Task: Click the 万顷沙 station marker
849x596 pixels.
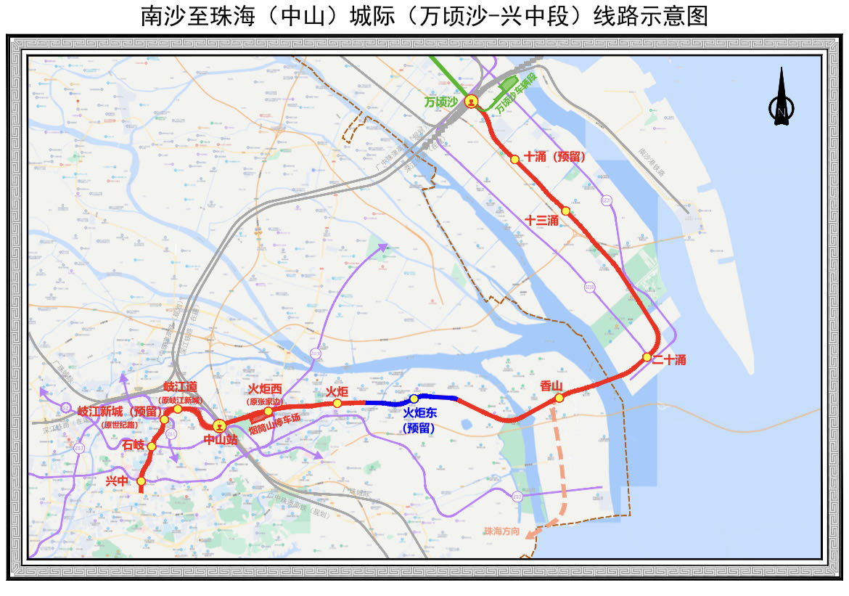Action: tap(472, 102)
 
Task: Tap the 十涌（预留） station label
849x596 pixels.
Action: tap(554, 157)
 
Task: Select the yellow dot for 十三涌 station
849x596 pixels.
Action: tap(566, 211)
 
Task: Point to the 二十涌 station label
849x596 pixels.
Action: tap(669, 360)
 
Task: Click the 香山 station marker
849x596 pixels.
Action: tap(559, 398)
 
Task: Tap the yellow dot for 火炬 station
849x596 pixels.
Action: tap(337, 403)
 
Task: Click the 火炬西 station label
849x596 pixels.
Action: tap(265, 390)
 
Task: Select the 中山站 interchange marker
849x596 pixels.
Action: tap(219, 425)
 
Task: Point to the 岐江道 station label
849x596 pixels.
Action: tap(181, 386)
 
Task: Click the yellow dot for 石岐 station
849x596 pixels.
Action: tap(151, 446)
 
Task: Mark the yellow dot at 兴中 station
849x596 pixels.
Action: tap(141, 481)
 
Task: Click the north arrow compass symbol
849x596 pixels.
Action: tap(781, 98)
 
